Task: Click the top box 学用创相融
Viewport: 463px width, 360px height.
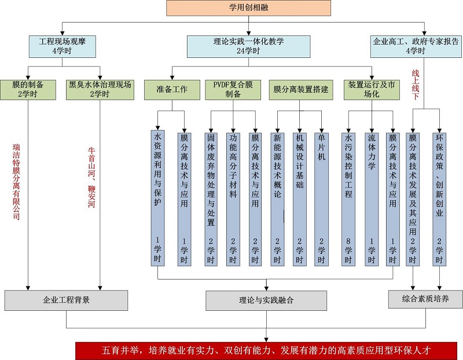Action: coord(248,8)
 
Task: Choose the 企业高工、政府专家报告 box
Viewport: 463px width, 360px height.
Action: coord(416,46)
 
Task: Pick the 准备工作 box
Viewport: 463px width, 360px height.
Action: coord(171,89)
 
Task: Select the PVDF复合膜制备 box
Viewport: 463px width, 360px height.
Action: coord(233,89)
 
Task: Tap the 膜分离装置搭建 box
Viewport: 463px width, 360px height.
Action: coord(300,89)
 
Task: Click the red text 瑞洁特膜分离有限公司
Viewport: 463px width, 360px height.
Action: coord(16,182)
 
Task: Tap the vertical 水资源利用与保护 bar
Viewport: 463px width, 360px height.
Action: coord(158,197)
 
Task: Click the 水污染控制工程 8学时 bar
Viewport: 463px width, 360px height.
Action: coord(348,197)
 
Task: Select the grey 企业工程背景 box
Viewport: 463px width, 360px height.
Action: coord(66,300)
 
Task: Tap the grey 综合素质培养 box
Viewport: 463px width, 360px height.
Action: coord(425,299)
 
